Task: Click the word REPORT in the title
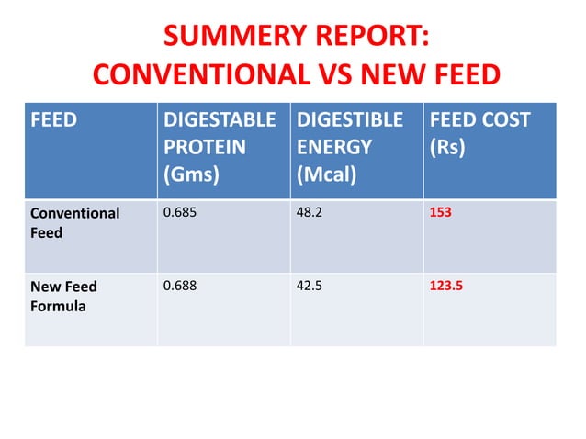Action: (x=366, y=38)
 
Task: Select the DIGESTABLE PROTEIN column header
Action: (x=219, y=133)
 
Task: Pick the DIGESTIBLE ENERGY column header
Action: (x=349, y=133)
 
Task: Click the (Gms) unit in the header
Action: (x=190, y=174)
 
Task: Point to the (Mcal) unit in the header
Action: (x=326, y=174)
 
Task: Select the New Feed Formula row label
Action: (x=63, y=296)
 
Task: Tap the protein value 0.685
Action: (x=179, y=213)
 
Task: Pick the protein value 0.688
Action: (x=179, y=286)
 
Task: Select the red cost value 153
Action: (x=441, y=213)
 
